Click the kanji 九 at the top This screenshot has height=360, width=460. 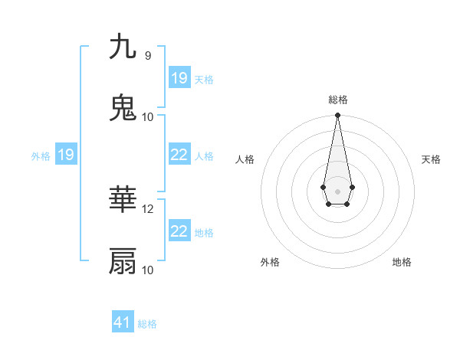pyautogui.click(x=123, y=47)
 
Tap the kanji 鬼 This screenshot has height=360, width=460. pyautogui.click(x=123, y=108)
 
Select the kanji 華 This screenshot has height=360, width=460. pyautogui.click(x=123, y=201)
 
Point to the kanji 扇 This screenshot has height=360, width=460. pyautogui.click(x=123, y=261)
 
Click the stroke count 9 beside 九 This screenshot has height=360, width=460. pyautogui.click(x=147, y=56)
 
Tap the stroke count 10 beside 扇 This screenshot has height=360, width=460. pyautogui.click(x=148, y=270)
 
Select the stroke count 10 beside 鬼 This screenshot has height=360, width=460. pyautogui.click(x=148, y=116)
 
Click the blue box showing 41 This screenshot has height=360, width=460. pyautogui.click(x=123, y=322)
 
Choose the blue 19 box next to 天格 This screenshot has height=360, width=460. pyautogui.click(x=179, y=78)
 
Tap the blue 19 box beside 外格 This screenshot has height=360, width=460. pyautogui.click(x=65, y=155)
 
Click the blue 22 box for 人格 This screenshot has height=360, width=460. pyautogui.click(x=179, y=155)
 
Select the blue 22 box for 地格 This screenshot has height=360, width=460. pyautogui.click(x=179, y=231)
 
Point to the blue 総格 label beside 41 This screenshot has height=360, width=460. pyautogui.click(x=147, y=324)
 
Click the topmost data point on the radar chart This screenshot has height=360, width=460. pyautogui.click(x=337, y=116)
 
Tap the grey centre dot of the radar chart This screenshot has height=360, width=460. pyautogui.click(x=337, y=191)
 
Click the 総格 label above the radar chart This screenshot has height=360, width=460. pyautogui.click(x=337, y=100)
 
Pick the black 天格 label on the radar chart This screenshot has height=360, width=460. pyautogui.click(x=431, y=159)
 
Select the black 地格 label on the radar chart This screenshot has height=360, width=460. pyautogui.click(x=402, y=262)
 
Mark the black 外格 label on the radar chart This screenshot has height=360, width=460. pyautogui.click(x=270, y=262)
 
